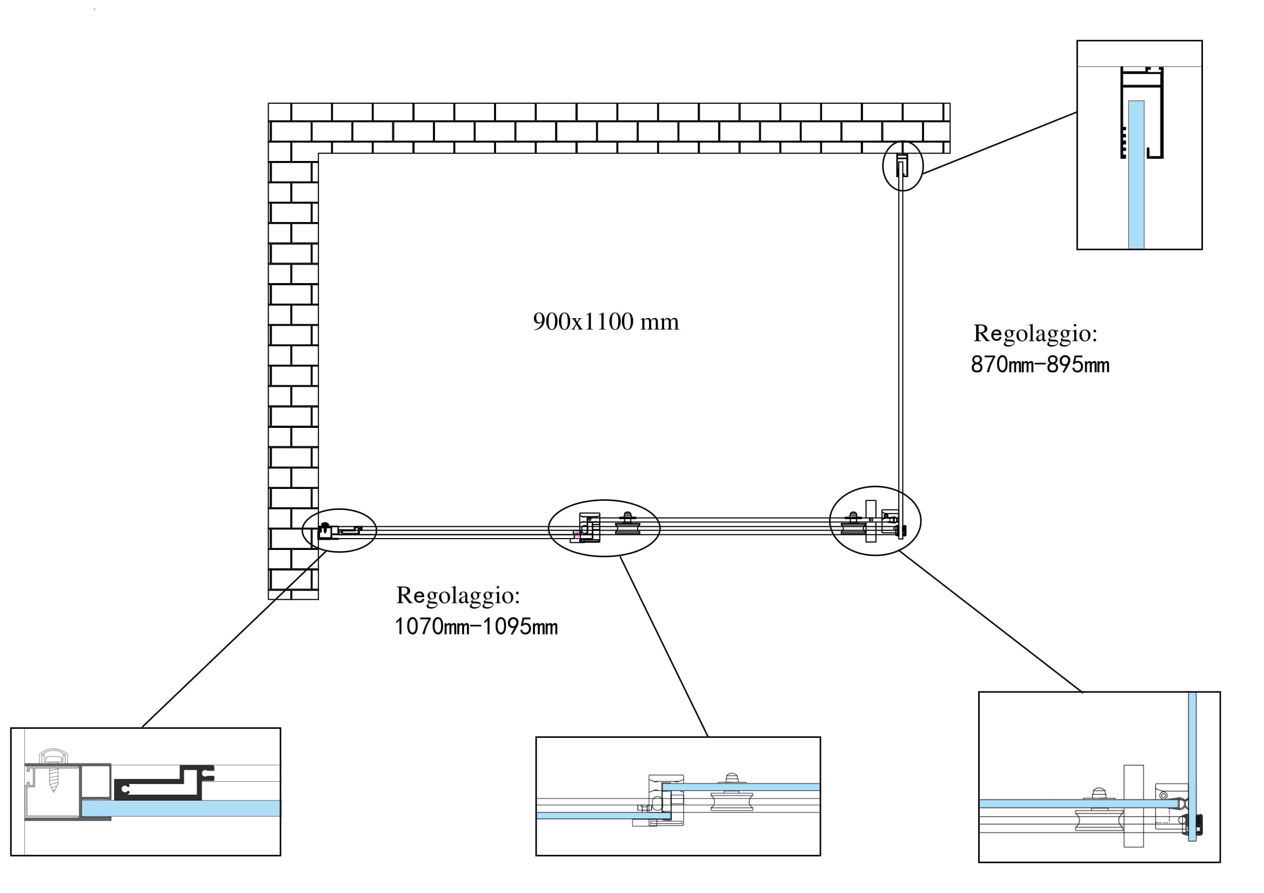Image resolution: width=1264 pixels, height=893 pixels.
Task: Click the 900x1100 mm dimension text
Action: (606, 322)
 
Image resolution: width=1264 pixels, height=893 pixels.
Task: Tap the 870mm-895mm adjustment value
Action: (1040, 365)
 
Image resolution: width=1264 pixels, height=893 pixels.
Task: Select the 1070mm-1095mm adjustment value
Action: (476, 627)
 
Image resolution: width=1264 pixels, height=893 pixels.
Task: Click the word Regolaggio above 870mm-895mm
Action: (1035, 333)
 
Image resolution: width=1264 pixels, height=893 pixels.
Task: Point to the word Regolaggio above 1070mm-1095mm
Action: (458, 595)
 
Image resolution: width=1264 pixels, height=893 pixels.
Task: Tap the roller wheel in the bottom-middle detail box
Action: (732, 801)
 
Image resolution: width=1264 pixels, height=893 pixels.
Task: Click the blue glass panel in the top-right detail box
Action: (1136, 176)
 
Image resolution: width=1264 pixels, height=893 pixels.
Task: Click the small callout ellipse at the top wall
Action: (902, 166)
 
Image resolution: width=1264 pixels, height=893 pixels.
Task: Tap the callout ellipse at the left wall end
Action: (340, 531)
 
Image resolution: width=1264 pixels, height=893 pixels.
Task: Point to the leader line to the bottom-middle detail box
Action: (664, 647)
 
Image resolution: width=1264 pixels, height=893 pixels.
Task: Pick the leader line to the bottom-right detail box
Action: (991, 621)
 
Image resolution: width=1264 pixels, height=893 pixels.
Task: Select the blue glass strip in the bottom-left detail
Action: (182, 808)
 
